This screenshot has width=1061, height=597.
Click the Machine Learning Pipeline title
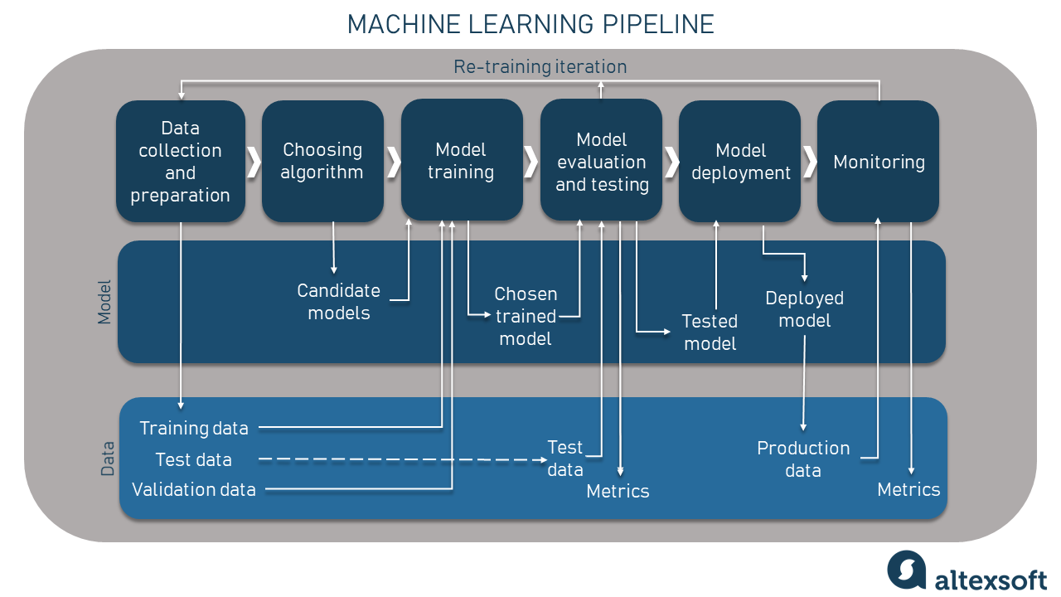530,24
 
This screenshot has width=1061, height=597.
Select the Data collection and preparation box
181,162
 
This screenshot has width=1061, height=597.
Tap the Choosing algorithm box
322,161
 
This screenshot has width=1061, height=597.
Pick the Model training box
461,161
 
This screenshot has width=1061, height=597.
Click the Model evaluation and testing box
601,162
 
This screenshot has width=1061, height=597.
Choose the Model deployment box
740,162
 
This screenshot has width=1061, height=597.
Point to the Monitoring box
878,162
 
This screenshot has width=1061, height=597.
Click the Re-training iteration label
540,66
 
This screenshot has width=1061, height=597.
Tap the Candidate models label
338,302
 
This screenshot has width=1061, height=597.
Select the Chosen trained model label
526,316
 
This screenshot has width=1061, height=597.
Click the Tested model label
710,332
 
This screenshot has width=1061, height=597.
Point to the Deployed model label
804,308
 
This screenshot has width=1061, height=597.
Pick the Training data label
194,428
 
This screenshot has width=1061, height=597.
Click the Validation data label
194,489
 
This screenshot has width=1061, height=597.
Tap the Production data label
803,459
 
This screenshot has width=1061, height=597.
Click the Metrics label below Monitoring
908,489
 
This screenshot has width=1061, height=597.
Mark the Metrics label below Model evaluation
618,491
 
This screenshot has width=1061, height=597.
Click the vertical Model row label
104,302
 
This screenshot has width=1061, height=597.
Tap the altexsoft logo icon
906,570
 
